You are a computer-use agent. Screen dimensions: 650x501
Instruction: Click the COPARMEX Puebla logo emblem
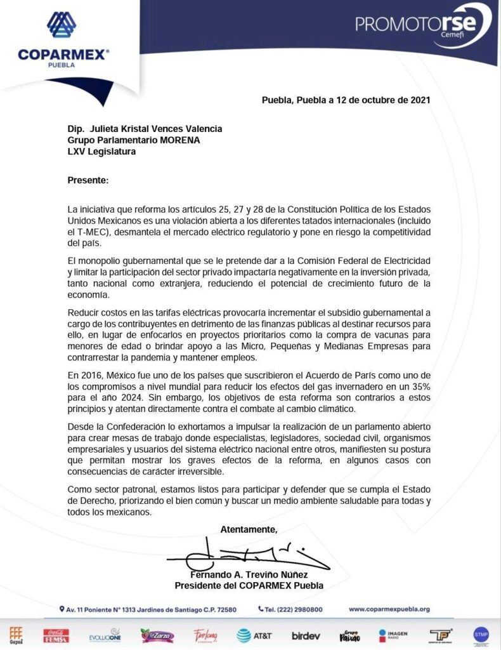[62, 26]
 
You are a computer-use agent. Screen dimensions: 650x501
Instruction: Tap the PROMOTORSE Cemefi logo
[423, 25]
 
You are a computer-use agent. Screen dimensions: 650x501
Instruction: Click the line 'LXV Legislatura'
[101, 152]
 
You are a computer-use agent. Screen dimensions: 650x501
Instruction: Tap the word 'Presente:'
[88, 180]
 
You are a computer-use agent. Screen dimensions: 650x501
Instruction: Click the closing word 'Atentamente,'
[249, 529]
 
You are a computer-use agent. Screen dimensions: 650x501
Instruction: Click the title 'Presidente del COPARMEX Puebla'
[249, 585]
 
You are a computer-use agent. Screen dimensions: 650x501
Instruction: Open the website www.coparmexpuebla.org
[389, 609]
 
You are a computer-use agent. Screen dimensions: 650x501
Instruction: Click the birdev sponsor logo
[306, 635]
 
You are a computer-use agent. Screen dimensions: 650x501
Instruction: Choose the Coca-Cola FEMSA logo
[56, 635]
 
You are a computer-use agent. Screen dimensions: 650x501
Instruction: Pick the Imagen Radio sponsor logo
[394, 635]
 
